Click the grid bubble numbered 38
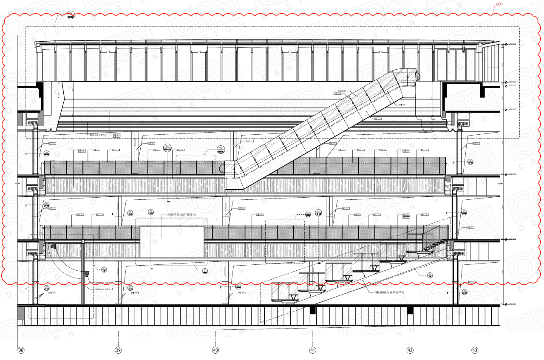21,351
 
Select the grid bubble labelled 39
118,351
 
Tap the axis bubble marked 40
215,351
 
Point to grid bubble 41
313,351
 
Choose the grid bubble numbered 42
410,351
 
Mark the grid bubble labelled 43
475,351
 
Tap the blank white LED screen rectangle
172,241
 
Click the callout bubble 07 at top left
71,15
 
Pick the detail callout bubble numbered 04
167,147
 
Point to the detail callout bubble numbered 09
221,148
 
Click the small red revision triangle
496,5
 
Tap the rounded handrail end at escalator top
418,77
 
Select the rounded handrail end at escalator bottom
222,168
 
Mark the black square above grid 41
313,311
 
